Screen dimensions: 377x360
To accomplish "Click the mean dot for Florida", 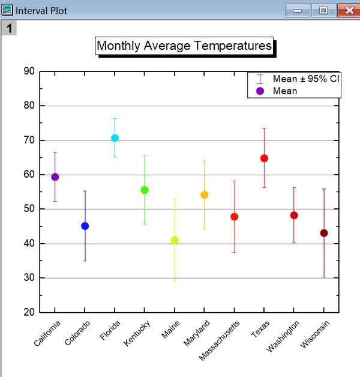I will pyautogui.click(x=115, y=138).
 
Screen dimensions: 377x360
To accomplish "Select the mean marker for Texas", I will pyautogui.click(x=264, y=158).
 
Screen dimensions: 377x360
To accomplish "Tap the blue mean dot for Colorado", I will pyautogui.click(x=85, y=226).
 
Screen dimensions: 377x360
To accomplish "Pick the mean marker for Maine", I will pyautogui.click(x=175, y=240).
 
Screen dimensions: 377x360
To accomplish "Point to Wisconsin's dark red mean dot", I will pyautogui.click(x=324, y=233).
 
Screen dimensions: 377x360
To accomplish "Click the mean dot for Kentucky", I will pyautogui.click(x=145, y=190).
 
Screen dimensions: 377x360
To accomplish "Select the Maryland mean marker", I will pyautogui.click(x=205, y=195).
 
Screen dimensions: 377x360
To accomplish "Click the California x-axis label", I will pyautogui.click(x=47, y=334).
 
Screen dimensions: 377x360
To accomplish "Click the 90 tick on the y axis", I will pyautogui.click(x=29, y=71).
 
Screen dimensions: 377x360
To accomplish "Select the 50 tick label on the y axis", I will pyautogui.click(x=29, y=210).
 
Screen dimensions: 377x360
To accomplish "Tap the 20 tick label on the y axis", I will pyautogui.click(x=29, y=313).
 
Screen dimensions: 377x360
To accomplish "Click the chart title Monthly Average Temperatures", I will pyautogui.click(x=184, y=46).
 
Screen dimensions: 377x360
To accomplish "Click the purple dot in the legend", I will pyautogui.click(x=260, y=91).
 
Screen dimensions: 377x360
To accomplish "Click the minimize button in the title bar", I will pyautogui.click(x=298, y=10).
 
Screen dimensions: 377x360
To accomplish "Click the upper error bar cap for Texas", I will pyautogui.click(x=264, y=128).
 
